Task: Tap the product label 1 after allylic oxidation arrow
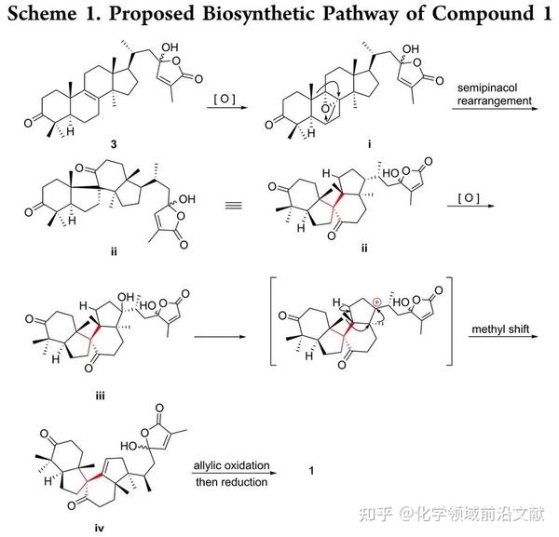310,474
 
